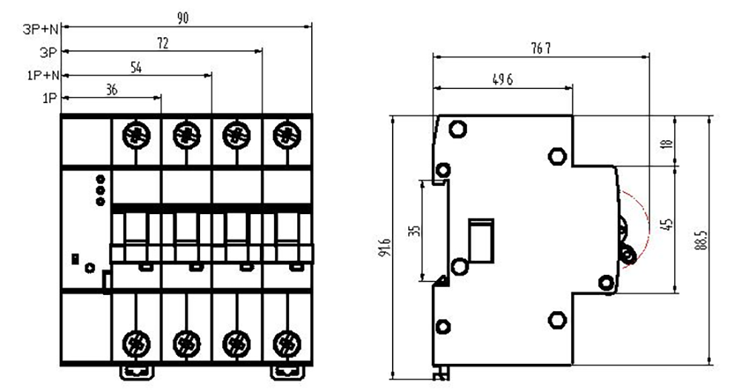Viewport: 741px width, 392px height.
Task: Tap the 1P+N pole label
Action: point(43,75)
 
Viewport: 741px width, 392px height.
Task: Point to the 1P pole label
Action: point(49,98)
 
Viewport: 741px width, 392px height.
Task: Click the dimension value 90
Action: point(183,19)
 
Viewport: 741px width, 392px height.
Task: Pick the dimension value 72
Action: point(162,43)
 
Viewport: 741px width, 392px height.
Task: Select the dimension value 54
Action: point(136,67)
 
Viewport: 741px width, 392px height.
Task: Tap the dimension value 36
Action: point(111,90)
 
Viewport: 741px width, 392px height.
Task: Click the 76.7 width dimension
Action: point(540,48)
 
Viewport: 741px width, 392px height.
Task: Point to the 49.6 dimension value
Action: point(504,81)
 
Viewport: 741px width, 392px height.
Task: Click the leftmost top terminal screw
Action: point(136,135)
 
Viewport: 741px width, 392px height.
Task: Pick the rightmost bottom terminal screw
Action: point(287,343)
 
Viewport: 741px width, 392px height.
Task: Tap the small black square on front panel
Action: point(75,259)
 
